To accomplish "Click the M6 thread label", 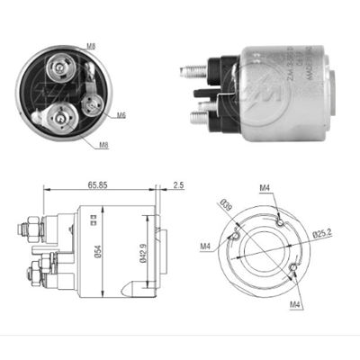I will click(x=121, y=114).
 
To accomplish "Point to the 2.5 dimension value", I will click(x=176, y=184).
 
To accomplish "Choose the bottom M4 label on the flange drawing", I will click(x=295, y=305).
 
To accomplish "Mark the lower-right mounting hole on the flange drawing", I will click(x=292, y=267).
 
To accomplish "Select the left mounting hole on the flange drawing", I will click(x=235, y=237).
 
